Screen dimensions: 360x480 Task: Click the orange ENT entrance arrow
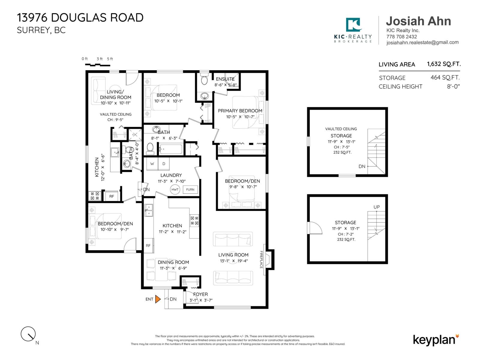coord(158,299)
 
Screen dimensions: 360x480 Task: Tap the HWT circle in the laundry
coord(175,190)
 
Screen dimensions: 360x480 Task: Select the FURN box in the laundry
coord(190,190)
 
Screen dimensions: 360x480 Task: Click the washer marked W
coord(152,164)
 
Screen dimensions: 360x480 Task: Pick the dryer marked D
coord(164,164)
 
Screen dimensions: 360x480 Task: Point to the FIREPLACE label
coord(261,259)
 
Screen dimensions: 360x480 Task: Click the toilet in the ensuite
coord(204,80)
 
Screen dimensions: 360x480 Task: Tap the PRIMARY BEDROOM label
coord(240,111)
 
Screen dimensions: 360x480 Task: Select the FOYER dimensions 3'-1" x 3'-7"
coord(201,300)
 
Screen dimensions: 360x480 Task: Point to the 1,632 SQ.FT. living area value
coord(444,64)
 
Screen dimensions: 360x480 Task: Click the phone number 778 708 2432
coord(401,37)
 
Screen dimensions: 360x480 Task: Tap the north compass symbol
coord(28,334)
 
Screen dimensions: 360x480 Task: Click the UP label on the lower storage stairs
coord(376,207)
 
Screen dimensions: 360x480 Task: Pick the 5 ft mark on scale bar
coord(110,59)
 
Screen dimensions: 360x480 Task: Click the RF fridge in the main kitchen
coord(148,245)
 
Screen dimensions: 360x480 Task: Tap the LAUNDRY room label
coord(171,175)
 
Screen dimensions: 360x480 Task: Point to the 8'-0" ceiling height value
coord(453,86)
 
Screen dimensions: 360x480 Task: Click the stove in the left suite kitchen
coord(95,196)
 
